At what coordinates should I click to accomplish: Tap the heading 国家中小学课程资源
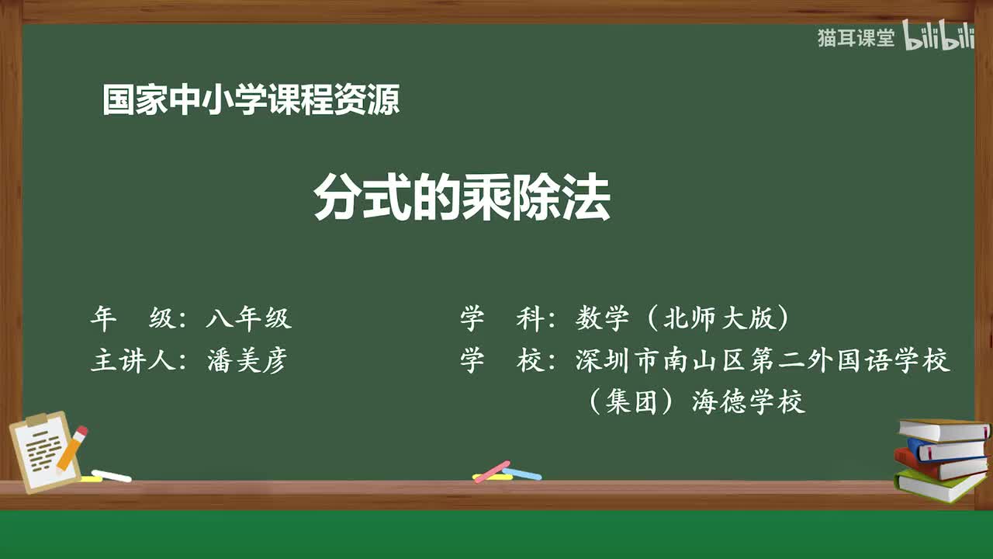[x=251, y=101]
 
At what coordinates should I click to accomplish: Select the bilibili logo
[x=939, y=38]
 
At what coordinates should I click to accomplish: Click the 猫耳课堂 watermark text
[x=856, y=38]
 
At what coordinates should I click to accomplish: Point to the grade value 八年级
[x=248, y=318]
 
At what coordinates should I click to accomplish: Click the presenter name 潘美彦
[x=248, y=361]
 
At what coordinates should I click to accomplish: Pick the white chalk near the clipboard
[x=112, y=475]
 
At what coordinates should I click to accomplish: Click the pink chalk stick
[x=492, y=471]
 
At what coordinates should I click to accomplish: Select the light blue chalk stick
[x=522, y=473]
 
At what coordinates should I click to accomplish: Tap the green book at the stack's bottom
[x=939, y=484]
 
